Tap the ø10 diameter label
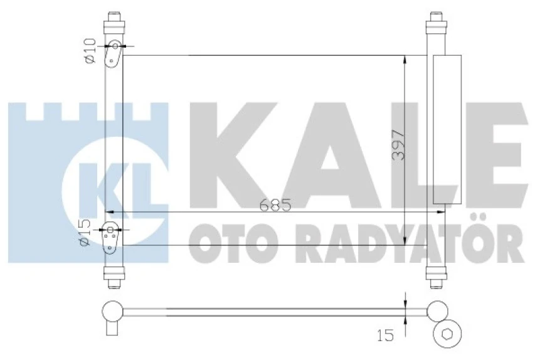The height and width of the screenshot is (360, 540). [89, 50]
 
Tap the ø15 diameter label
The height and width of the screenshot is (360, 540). [86, 233]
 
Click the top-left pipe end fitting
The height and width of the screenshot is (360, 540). [114, 23]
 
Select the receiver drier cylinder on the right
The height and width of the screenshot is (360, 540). [447, 129]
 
